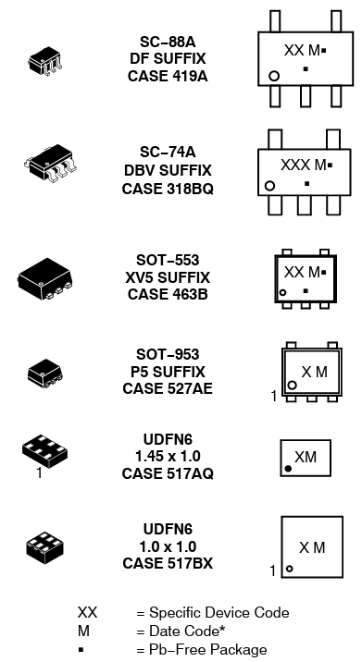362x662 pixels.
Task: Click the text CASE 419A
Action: [x=168, y=77]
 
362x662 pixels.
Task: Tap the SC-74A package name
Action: [x=168, y=153]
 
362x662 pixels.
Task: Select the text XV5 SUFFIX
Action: [x=168, y=277]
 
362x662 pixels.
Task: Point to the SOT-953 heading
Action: [x=168, y=354]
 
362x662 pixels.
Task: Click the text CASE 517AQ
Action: [x=168, y=474]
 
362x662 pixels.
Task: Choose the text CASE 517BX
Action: [x=168, y=562]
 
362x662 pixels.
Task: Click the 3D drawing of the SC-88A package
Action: [x=45, y=60]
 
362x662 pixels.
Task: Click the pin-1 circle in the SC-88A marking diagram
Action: [x=274, y=75]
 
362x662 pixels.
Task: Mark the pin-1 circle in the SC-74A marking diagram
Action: [x=269, y=186]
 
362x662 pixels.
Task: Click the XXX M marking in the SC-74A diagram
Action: [x=305, y=165]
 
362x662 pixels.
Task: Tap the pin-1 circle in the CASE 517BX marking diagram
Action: [x=289, y=569]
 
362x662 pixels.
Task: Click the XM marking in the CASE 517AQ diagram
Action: [x=306, y=457]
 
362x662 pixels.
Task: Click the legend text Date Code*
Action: [x=188, y=631]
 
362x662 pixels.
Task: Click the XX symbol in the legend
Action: [x=87, y=612]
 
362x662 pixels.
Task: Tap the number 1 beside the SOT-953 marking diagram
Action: [x=274, y=397]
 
